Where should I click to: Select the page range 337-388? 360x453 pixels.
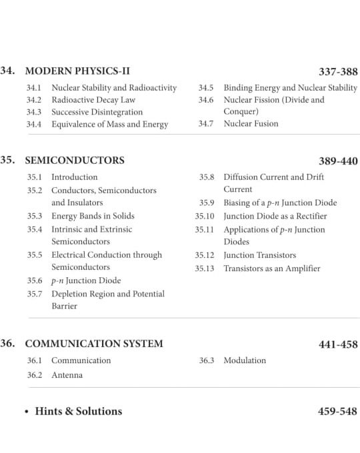point(338,71)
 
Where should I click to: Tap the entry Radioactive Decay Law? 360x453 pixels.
point(93,100)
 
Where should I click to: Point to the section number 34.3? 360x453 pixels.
point(34,112)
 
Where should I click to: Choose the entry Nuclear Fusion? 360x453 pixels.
point(251,123)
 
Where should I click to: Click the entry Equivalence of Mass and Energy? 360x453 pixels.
point(109,124)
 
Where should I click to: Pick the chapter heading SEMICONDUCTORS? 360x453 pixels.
point(74,161)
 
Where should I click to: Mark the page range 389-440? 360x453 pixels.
point(338,161)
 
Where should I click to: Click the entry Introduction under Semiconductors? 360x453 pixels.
point(74,177)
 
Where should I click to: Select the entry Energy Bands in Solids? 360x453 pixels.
point(93,216)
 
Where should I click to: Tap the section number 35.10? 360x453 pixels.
point(205,217)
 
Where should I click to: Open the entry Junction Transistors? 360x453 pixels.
point(259,255)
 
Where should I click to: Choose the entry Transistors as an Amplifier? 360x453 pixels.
point(271,268)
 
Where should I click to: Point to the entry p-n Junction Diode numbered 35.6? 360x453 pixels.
point(86,280)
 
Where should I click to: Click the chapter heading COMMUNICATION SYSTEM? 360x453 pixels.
point(93,344)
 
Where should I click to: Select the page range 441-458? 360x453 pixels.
point(338,344)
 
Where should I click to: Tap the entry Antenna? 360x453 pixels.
point(67,375)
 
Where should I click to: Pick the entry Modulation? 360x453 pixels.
point(244,360)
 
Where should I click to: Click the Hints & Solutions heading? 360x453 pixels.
point(78,411)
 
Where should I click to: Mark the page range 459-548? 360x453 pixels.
point(338,411)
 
